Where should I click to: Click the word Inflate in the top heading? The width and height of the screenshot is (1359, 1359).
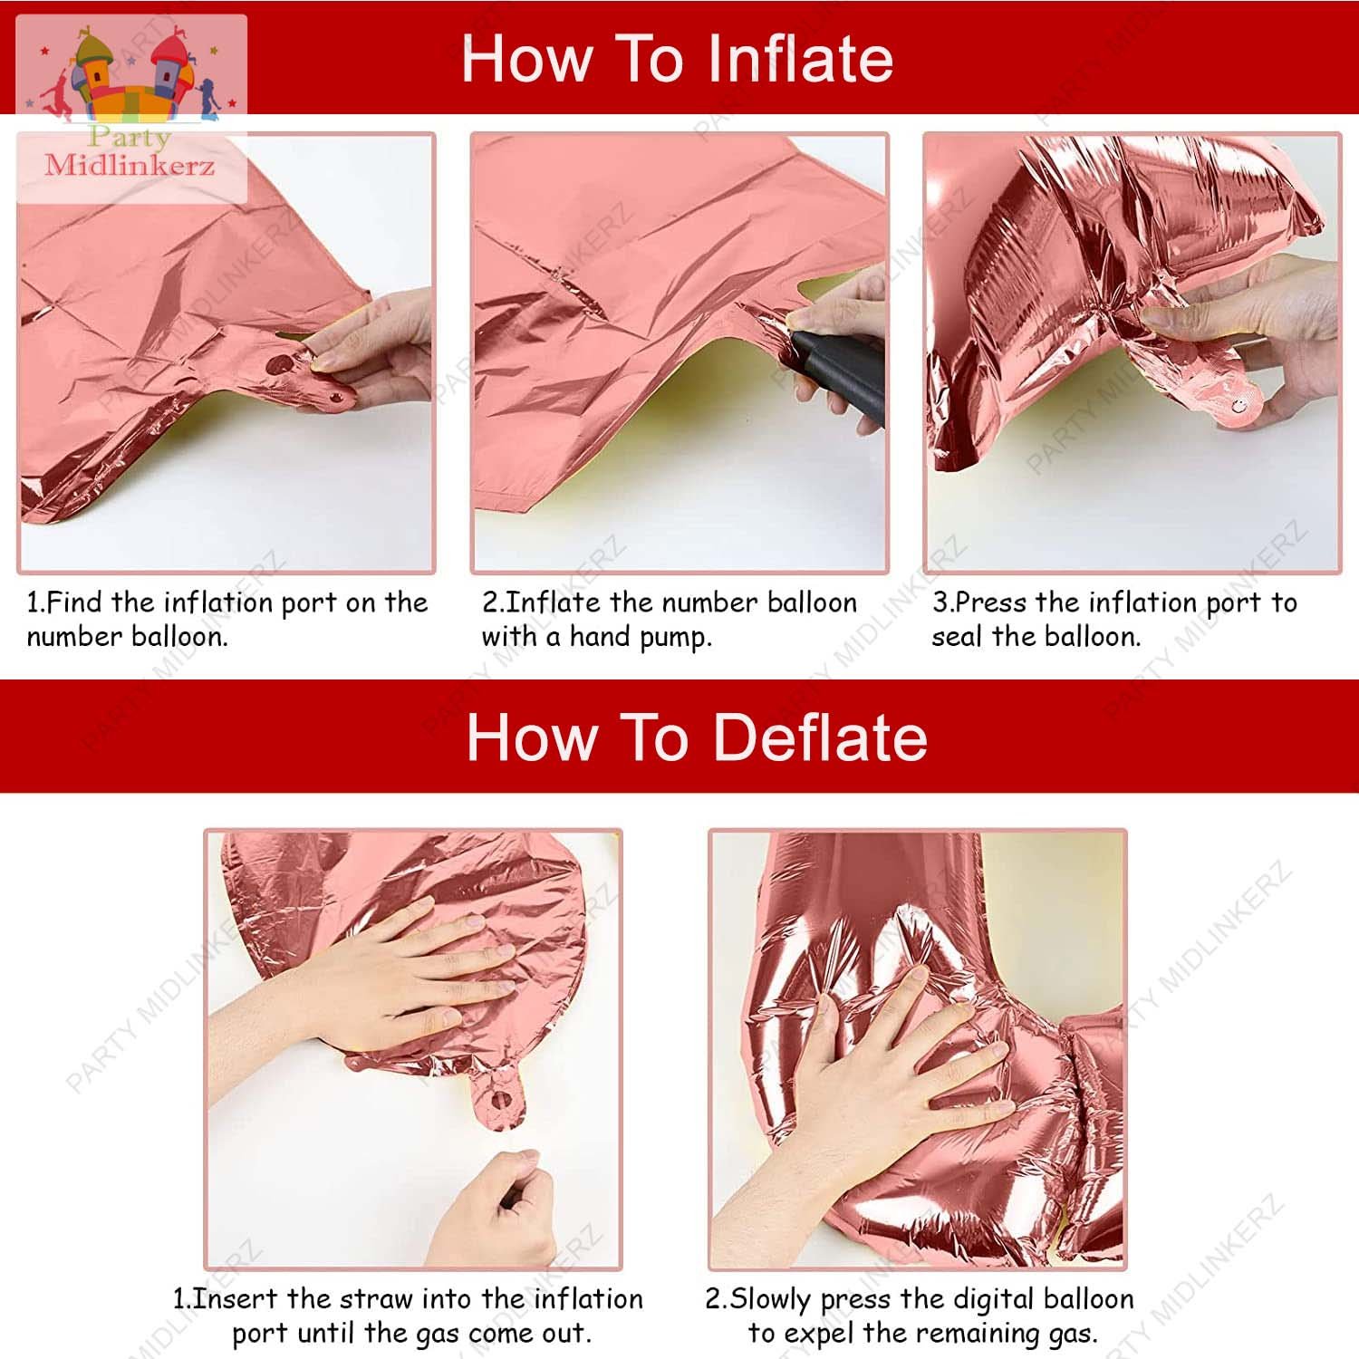pyautogui.click(x=799, y=59)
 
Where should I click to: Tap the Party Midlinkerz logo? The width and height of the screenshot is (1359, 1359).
pyautogui.click(x=131, y=109)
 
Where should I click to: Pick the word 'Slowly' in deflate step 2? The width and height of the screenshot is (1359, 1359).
pyautogui.click(x=770, y=1300)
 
